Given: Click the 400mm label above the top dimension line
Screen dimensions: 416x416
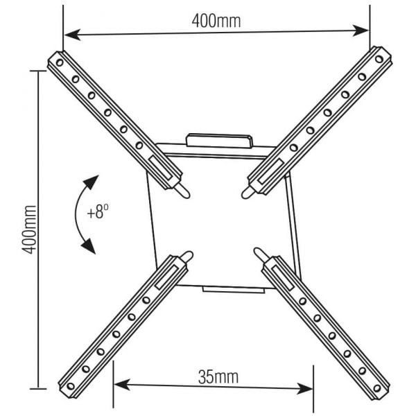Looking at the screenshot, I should point(216,20).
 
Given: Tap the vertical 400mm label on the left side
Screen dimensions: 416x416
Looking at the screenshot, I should point(28,229).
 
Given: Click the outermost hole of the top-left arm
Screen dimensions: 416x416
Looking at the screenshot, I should point(60,63).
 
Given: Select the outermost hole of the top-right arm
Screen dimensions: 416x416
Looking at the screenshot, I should point(376,60).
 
